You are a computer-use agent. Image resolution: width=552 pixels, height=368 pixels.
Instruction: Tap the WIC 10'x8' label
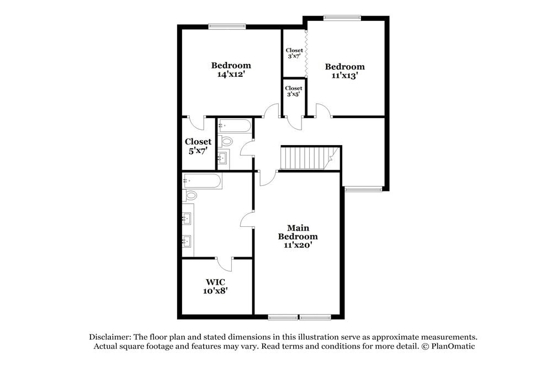tap(215, 286)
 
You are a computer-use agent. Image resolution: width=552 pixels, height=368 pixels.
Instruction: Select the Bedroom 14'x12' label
tap(231, 70)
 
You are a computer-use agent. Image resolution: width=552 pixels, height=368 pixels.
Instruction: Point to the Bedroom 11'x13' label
tap(345, 71)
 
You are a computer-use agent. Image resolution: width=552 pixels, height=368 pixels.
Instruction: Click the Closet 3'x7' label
tap(294, 53)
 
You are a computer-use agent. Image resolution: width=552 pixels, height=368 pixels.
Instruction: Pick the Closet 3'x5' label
tap(293, 91)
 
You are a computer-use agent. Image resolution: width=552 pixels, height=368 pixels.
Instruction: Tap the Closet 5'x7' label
tap(198, 146)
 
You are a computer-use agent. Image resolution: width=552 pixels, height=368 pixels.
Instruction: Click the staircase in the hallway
tap(305, 158)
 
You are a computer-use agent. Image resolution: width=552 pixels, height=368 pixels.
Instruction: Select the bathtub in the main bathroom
tap(203, 181)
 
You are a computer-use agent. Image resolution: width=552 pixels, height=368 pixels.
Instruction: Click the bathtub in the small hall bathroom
tap(235, 126)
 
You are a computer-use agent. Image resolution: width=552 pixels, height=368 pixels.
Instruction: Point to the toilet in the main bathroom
tap(192, 195)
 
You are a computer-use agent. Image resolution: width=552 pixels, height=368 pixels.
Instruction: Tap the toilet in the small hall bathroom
tap(226, 142)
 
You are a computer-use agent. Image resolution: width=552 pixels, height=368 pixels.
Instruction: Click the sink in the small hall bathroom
tap(224, 159)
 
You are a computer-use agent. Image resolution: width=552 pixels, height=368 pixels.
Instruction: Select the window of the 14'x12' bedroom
tap(227, 25)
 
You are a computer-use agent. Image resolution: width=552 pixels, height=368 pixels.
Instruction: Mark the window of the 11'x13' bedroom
tap(342, 17)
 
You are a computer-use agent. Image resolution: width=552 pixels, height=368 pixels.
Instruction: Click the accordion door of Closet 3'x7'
tap(305, 54)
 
